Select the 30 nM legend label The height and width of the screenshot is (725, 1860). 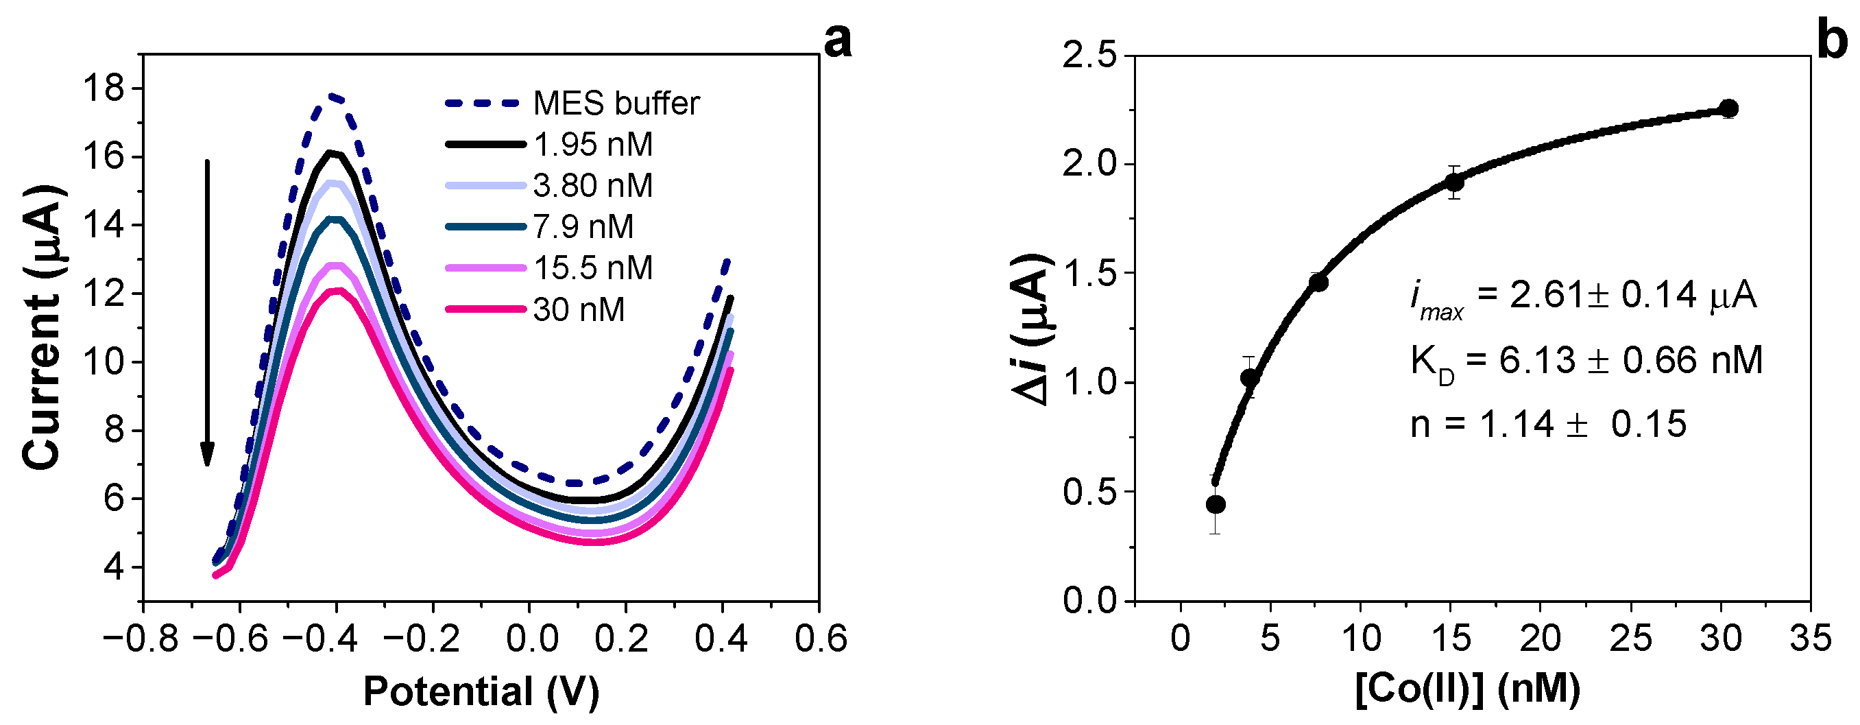pos(579,310)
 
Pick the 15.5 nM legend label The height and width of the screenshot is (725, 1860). pos(592,268)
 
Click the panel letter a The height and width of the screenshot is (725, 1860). pos(837,40)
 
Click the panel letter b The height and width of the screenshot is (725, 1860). pos(1832,40)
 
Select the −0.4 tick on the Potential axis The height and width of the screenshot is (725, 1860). pos(321,639)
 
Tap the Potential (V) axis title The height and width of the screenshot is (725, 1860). pos(481,691)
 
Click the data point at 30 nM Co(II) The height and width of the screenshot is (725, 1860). pos(1728,109)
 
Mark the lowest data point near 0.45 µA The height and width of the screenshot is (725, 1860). pos(1216,504)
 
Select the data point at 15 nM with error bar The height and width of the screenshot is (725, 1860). pos(1454,182)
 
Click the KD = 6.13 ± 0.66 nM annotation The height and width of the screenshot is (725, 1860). pos(1586,360)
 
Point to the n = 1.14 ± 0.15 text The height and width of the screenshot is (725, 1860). pos(1548,424)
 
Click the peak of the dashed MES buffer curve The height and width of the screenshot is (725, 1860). pos(334,95)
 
